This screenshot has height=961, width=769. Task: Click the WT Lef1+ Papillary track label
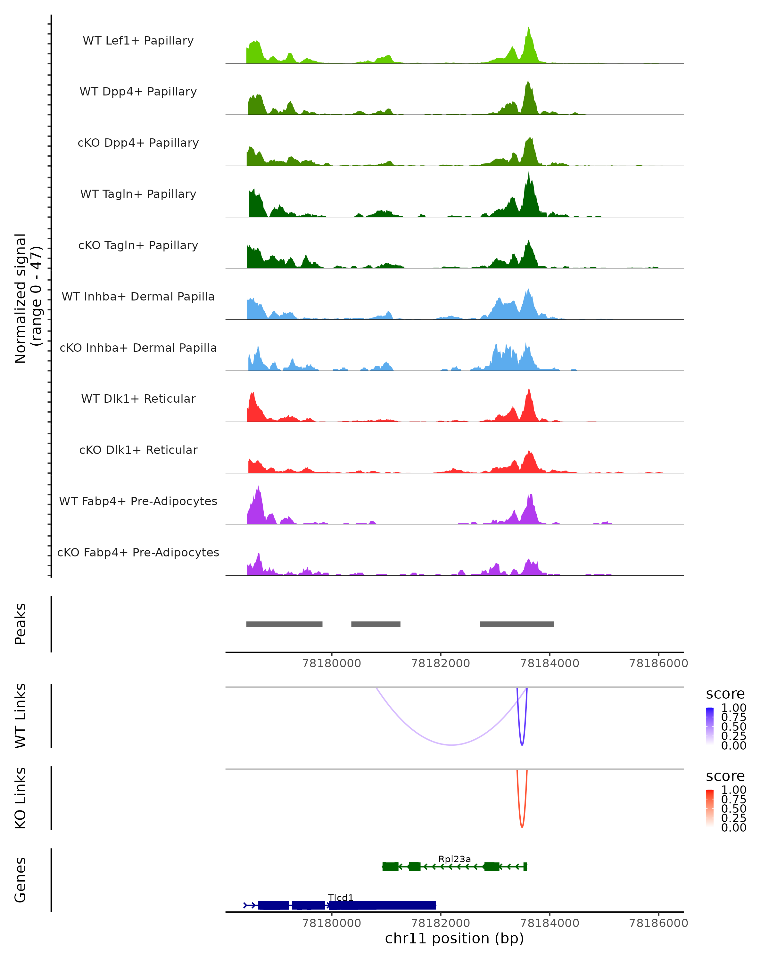pyautogui.click(x=138, y=41)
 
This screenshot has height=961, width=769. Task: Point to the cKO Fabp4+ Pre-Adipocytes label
pyautogui.click(x=138, y=552)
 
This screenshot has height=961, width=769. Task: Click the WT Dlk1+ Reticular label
pyautogui.click(x=138, y=398)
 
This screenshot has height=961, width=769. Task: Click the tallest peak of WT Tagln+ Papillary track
pyautogui.click(x=529, y=173)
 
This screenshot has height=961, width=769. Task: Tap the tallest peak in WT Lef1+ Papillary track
pyautogui.click(x=529, y=28)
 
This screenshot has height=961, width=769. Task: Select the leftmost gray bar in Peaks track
pyautogui.click(x=285, y=624)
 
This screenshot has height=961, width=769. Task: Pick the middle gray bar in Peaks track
pyautogui.click(x=376, y=624)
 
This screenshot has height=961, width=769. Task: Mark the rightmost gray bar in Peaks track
pyautogui.click(x=517, y=624)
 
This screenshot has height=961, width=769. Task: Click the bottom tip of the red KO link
pyautogui.click(x=522, y=827)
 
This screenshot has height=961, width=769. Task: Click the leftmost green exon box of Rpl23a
pyautogui.click(x=391, y=867)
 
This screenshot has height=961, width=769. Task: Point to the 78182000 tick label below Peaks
pyautogui.click(x=441, y=663)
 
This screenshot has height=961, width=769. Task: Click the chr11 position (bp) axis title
pyautogui.click(x=454, y=938)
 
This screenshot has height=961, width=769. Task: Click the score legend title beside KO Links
pyautogui.click(x=725, y=776)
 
